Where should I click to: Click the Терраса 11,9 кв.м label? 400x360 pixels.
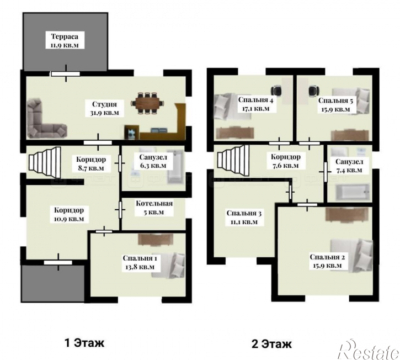click(x=65, y=41)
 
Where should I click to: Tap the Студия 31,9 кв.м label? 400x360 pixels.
click(x=105, y=108)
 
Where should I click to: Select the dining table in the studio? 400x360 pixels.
click(x=147, y=103)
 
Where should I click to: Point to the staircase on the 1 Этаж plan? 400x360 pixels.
click(x=45, y=162)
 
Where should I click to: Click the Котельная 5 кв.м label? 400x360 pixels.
click(x=154, y=208)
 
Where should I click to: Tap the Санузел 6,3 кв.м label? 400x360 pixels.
click(x=153, y=161)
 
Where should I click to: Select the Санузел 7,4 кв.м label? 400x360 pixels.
click(x=349, y=166)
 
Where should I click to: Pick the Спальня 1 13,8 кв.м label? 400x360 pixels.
click(x=140, y=262)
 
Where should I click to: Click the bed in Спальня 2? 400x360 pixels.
click(x=351, y=254)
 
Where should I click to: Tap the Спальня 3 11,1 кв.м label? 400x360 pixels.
click(x=244, y=218)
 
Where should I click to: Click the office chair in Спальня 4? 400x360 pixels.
click(x=276, y=91)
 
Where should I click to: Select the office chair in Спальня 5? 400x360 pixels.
click(x=314, y=91)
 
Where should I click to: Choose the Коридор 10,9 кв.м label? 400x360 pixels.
click(x=69, y=214)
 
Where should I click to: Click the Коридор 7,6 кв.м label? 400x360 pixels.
click(x=285, y=161)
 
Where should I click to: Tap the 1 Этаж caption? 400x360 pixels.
click(x=85, y=343)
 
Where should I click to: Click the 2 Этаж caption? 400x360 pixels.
click(x=271, y=343)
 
